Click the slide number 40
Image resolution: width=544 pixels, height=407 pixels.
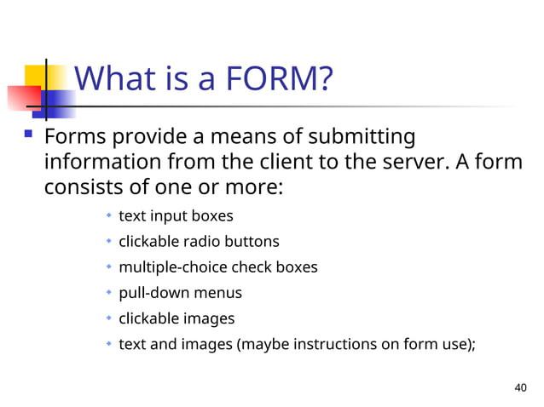tap(522, 388)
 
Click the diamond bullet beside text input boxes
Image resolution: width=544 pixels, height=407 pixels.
tap(109, 216)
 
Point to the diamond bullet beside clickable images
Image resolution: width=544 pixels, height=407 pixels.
tap(109, 318)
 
